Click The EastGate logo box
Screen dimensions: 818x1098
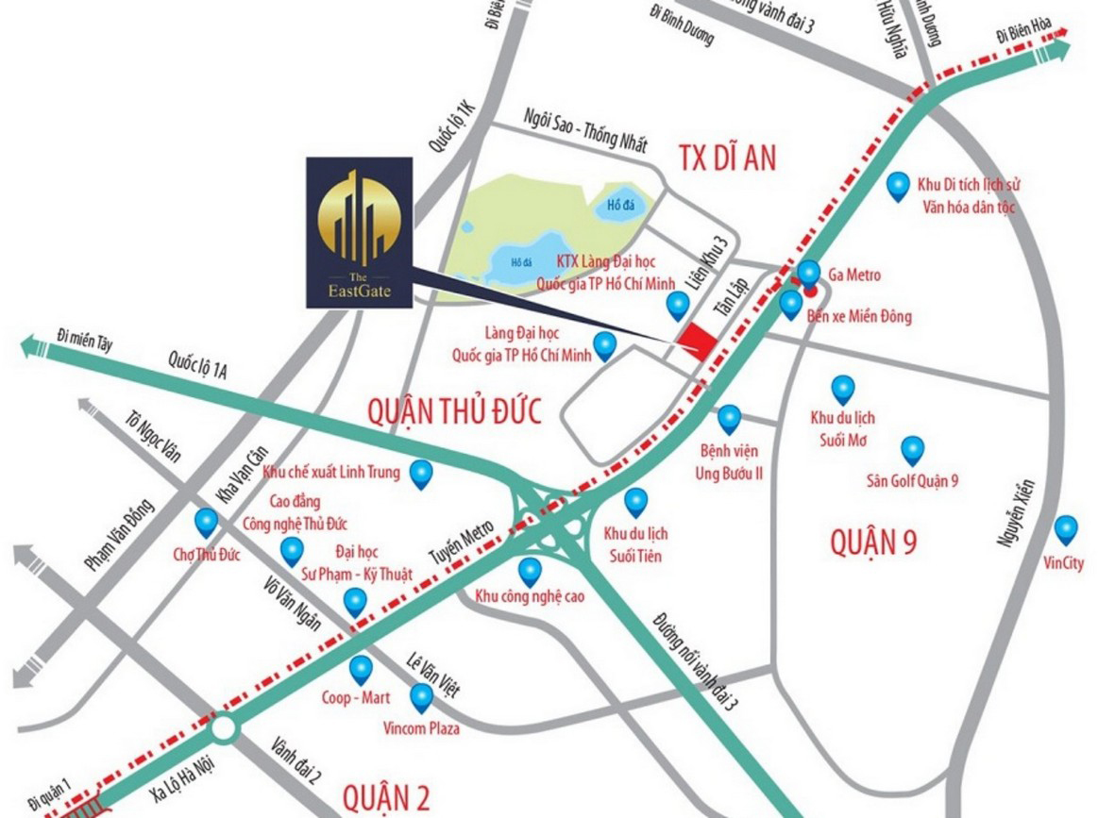pyautogui.click(x=359, y=232)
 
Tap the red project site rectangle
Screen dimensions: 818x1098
pyautogui.click(x=698, y=340)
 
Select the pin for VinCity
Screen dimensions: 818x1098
pyautogui.click(x=1066, y=529)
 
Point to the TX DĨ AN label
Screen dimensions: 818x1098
pyautogui.click(x=726, y=159)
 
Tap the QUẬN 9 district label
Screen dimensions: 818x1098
pyautogui.click(x=873, y=543)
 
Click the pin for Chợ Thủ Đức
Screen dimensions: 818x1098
pyautogui.click(x=206, y=521)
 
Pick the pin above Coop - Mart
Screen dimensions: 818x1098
pyautogui.click(x=361, y=669)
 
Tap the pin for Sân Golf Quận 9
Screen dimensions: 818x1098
pyautogui.click(x=912, y=449)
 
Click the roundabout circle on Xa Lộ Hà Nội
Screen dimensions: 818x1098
pyautogui.click(x=225, y=728)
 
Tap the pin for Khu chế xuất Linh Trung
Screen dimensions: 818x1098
pyautogui.click(x=421, y=473)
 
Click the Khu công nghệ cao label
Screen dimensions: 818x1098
pyautogui.click(x=530, y=596)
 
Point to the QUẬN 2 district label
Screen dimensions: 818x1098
pyautogui.click(x=386, y=798)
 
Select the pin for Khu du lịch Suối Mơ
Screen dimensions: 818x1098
pyautogui.click(x=842, y=388)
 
